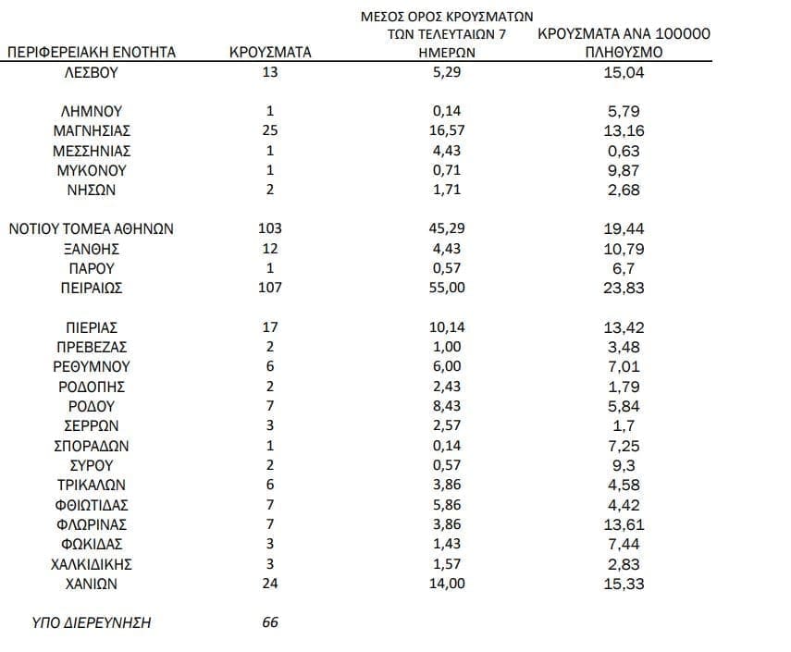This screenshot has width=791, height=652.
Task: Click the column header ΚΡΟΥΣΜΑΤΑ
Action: (x=270, y=53)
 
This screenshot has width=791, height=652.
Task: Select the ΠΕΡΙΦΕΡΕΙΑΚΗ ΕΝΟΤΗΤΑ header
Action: (x=92, y=53)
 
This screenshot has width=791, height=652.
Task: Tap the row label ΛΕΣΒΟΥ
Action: (x=92, y=73)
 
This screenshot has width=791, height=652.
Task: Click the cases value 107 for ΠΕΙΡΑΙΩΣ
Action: (x=270, y=288)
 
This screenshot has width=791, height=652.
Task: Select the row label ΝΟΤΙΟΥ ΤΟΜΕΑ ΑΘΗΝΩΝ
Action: (x=92, y=228)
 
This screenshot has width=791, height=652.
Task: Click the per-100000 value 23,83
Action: (x=624, y=288)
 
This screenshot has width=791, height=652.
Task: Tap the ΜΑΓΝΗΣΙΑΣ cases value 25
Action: (x=270, y=130)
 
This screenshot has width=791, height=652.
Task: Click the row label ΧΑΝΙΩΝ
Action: (x=92, y=584)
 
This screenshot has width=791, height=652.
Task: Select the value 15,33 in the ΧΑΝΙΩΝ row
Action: (x=624, y=584)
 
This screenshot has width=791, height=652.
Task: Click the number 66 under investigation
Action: (x=270, y=622)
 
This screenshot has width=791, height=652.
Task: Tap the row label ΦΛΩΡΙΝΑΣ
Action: (x=92, y=524)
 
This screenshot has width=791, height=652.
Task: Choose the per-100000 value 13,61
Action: (x=624, y=524)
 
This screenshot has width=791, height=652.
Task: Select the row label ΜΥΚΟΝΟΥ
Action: (x=92, y=170)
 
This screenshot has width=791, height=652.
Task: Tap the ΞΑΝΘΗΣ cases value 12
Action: (x=270, y=249)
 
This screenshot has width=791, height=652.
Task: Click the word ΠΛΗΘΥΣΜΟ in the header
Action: (x=624, y=53)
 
